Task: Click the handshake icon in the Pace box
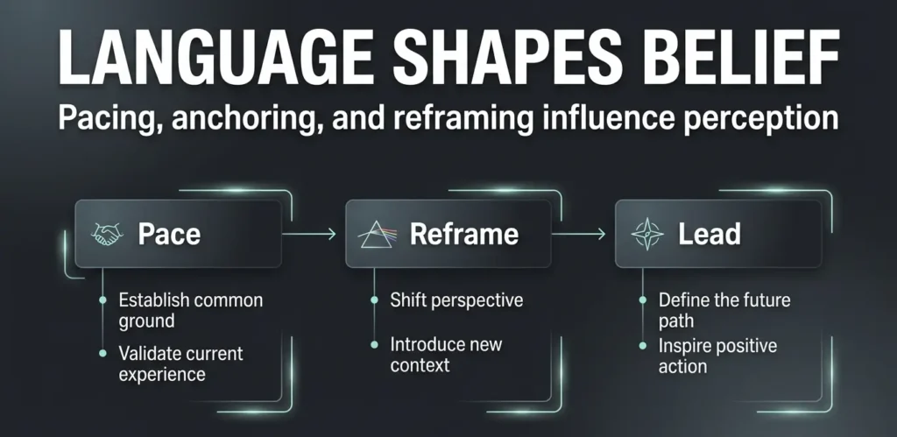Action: (109, 234)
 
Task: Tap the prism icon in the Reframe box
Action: (380, 234)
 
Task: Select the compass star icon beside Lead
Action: (649, 234)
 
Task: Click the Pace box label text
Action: (169, 235)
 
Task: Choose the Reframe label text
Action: (464, 235)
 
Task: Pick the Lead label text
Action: (710, 235)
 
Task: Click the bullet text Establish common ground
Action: (190, 311)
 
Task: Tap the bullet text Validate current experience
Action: (181, 364)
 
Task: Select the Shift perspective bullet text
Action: (456, 300)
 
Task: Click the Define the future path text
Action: (724, 311)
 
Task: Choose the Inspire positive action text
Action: (717, 356)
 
